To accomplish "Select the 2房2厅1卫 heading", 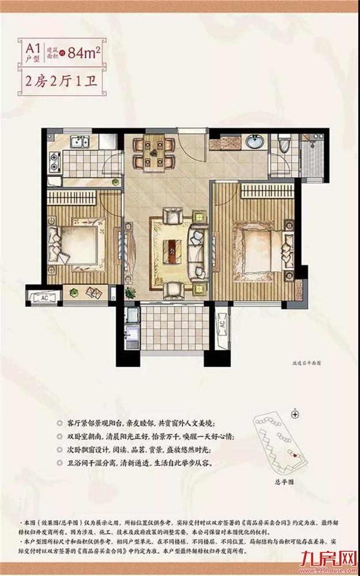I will (x=60, y=79).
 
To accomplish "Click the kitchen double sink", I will (x=78, y=143).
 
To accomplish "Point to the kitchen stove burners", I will (x=55, y=161).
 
